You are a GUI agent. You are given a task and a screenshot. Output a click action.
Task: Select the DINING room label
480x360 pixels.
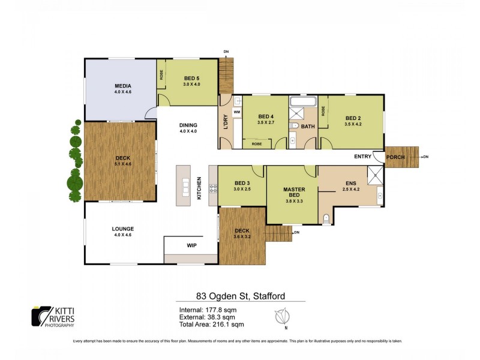click(x=188, y=125)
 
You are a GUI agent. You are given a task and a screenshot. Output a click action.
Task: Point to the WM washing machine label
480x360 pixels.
click(x=236, y=112)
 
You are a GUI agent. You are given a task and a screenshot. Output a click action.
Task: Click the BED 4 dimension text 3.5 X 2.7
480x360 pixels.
click(x=266, y=122)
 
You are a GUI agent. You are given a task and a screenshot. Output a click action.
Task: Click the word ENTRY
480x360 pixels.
click(x=362, y=157)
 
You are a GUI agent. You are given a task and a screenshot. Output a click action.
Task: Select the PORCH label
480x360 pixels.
click(x=395, y=157)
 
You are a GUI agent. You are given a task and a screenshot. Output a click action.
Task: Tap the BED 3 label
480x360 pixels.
click(x=242, y=183)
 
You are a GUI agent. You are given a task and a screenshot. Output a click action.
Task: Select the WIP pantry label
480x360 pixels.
click(x=191, y=245)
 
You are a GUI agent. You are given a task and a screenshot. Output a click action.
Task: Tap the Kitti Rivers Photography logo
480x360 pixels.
click(x=53, y=316)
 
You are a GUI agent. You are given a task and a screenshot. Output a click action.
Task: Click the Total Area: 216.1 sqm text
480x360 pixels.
click(x=211, y=325)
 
